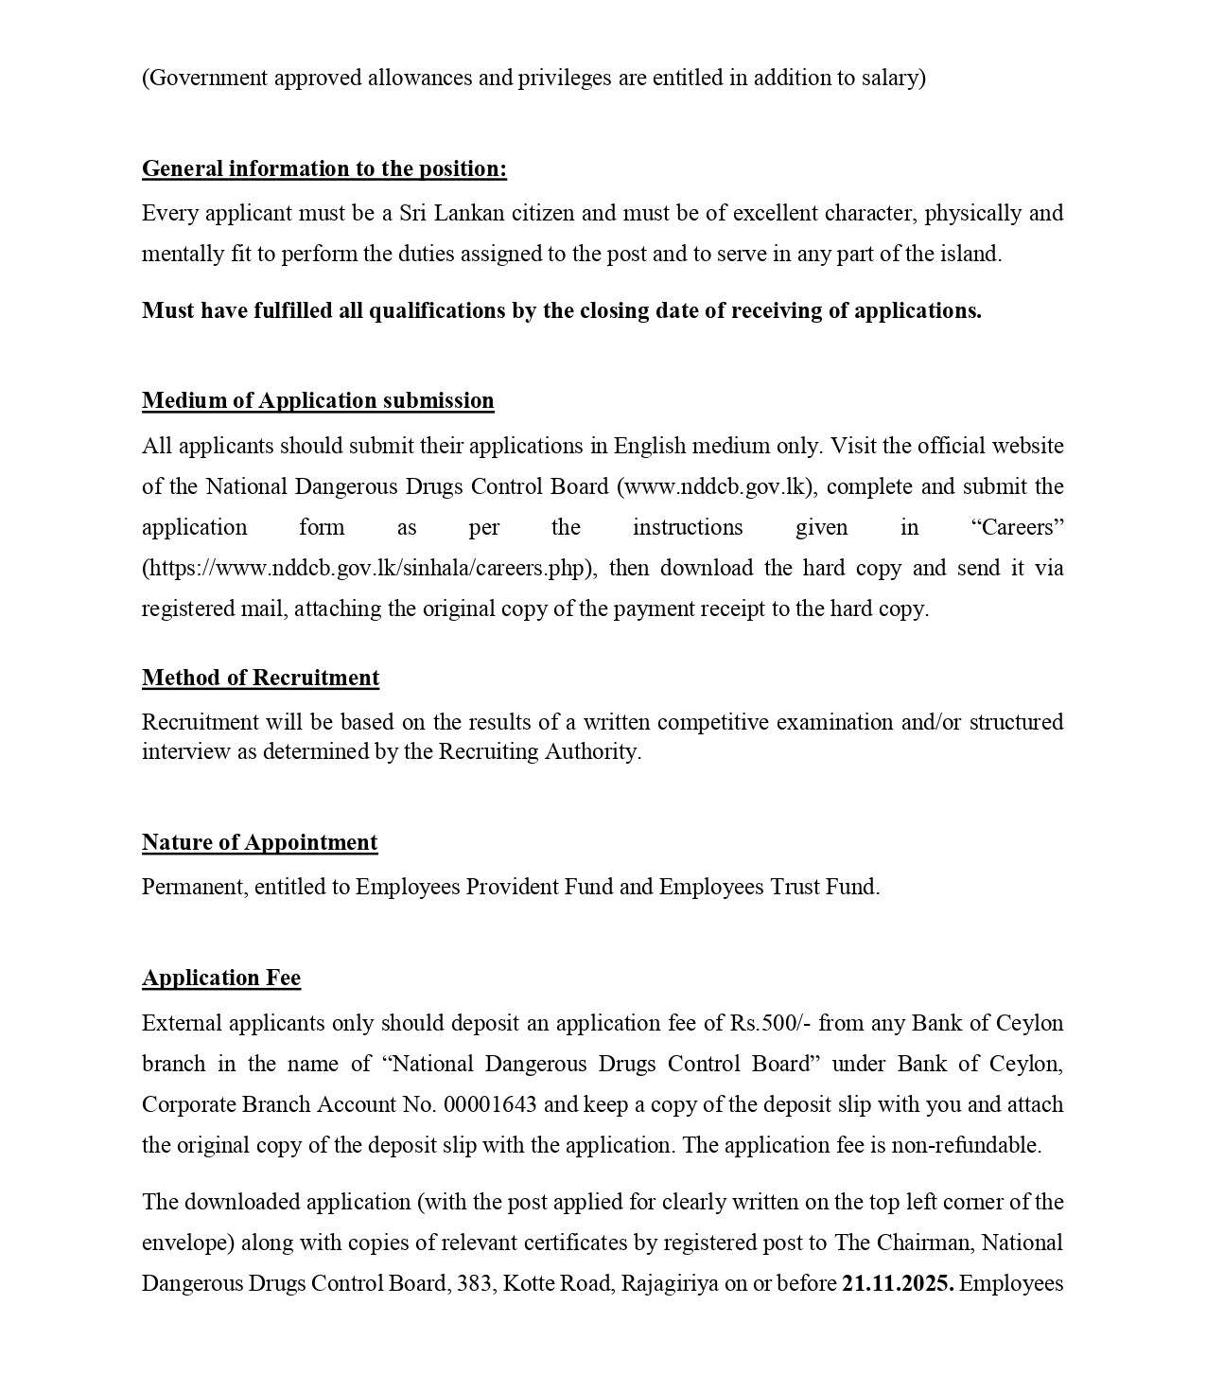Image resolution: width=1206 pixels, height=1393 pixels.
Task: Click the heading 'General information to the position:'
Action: point(323,168)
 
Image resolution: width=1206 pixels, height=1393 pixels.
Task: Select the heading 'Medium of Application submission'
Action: point(318,400)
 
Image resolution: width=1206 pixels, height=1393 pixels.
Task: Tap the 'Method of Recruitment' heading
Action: point(260,678)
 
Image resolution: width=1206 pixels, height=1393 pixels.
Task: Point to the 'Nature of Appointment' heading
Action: point(259,842)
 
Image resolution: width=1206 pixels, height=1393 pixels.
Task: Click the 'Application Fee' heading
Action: point(221,978)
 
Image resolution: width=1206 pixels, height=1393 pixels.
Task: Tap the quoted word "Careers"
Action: point(1018,527)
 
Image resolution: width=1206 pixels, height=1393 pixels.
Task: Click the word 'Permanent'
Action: point(195,887)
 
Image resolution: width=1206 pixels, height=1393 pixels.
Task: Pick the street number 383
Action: point(473,1283)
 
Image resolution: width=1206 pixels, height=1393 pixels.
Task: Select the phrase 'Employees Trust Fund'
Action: point(768,887)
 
